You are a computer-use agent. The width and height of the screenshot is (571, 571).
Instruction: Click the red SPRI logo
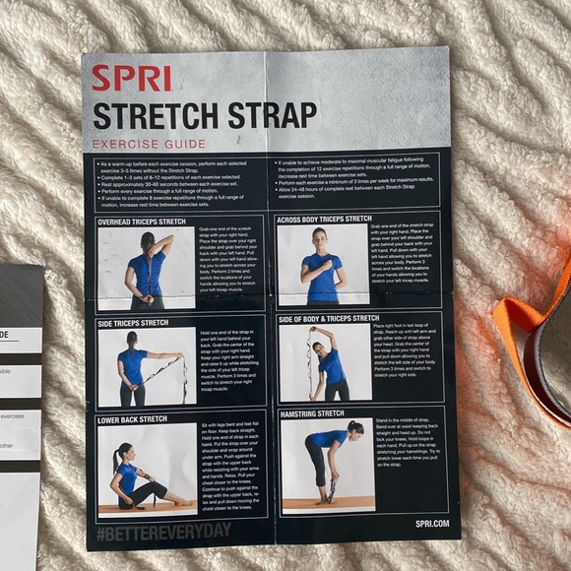[131, 78]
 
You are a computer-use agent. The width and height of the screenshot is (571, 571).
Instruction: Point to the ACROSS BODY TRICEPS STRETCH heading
[325, 219]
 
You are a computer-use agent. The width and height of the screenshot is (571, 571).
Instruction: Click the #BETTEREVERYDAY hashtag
[162, 532]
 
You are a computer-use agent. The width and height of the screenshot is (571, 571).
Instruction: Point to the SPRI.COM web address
[431, 524]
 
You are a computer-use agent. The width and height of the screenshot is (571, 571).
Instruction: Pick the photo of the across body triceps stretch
[322, 264]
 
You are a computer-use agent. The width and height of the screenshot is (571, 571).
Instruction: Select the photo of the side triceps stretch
[146, 368]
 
